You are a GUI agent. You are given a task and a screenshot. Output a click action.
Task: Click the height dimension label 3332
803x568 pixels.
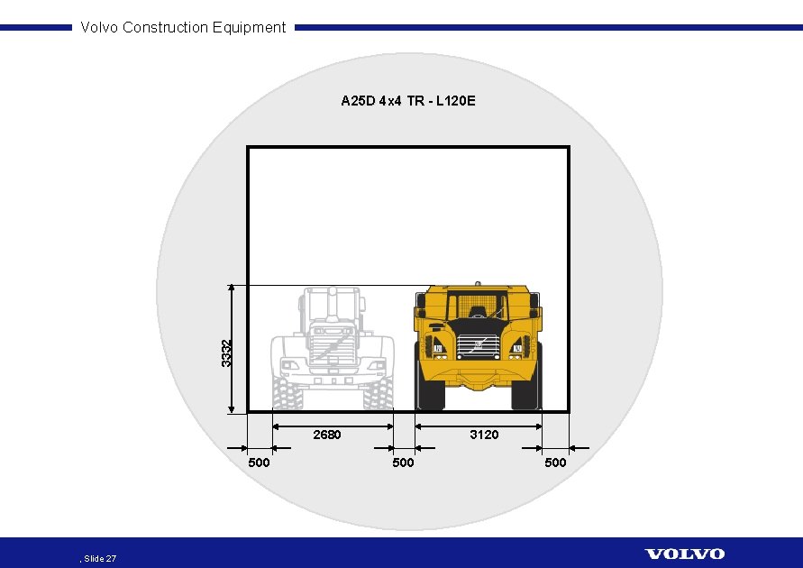(x=227, y=352)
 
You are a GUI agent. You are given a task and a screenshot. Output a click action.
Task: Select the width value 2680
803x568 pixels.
(x=326, y=435)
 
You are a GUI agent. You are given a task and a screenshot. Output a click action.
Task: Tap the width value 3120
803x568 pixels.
(x=484, y=435)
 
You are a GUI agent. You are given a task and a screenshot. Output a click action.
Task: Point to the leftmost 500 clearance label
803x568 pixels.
(x=259, y=463)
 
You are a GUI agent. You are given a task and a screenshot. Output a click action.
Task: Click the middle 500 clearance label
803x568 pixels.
(x=403, y=463)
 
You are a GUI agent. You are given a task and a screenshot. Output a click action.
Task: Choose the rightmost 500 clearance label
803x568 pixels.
(x=556, y=463)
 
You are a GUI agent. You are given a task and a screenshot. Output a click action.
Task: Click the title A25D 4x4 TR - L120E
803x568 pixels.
(x=408, y=101)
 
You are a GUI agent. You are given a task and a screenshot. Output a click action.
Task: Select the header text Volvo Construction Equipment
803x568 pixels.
(x=183, y=27)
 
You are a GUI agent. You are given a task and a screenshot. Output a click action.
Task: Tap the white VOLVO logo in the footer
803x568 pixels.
(x=684, y=554)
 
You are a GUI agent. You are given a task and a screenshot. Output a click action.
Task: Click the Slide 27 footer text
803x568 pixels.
(x=99, y=559)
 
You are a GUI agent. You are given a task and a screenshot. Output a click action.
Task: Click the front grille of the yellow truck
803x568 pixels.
(x=478, y=346)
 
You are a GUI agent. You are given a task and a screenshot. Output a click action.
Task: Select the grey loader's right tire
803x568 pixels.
(x=379, y=393)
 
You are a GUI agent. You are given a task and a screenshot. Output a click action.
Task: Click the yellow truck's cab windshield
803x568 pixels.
(x=477, y=304)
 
